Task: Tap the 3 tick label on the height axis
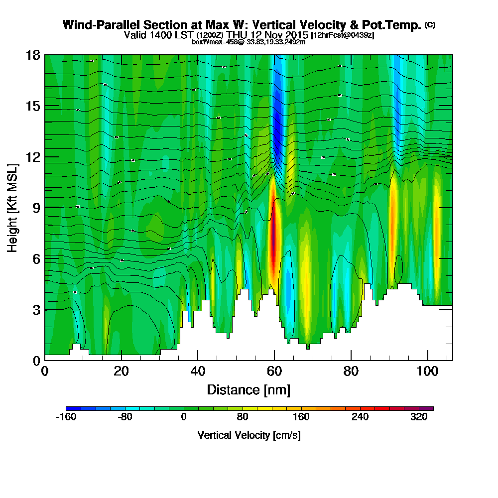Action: click(35, 310)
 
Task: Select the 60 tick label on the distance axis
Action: click(274, 372)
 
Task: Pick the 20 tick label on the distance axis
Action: click(122, 372)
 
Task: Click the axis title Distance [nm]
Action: click(249, 389)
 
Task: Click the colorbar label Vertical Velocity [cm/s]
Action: click(249, 435)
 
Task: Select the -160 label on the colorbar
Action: click(66, 417)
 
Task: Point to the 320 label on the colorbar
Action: click(419, 417)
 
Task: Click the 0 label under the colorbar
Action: click(184, 417)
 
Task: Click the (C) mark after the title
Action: click(430, 24)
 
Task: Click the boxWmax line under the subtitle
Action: click(249, 42)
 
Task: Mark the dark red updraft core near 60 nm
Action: click(273, 239)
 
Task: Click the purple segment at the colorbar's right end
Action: click(429, 408)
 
